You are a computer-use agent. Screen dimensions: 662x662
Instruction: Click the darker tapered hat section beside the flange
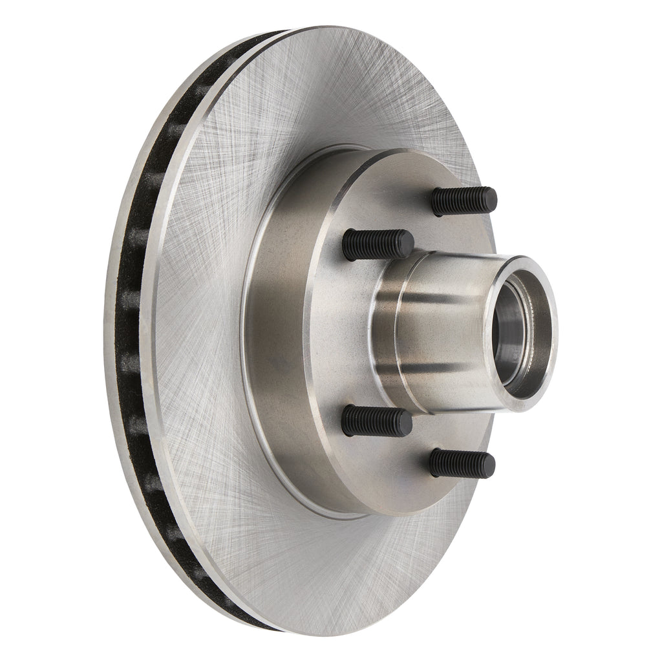pyautogui.click(x=278, y=336)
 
